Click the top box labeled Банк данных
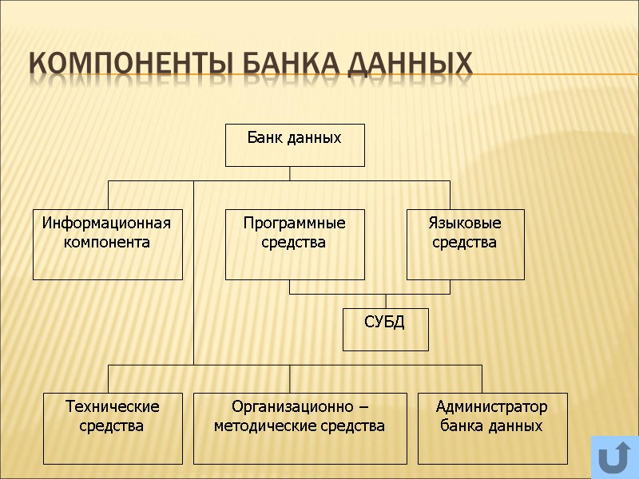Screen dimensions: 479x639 tap(295, 144)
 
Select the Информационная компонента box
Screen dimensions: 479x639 tap(107, 244)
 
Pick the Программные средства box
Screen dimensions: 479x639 tap(295, 244)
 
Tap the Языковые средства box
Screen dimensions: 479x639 tap(465, 244)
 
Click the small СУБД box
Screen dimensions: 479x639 tap(385, 329)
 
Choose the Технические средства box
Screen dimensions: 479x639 tap(113, 428)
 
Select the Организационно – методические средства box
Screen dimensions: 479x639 tap(300, 428)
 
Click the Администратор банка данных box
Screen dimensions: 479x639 tap(492, 428)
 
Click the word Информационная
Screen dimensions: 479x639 tap(107, 223)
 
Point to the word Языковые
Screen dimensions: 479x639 tap(465, 223)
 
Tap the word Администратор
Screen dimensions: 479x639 tap(492, 407)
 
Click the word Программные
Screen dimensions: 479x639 tap(295, 223)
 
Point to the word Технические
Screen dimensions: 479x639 tap(113, 407)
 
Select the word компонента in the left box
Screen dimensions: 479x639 tap(107, 242)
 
